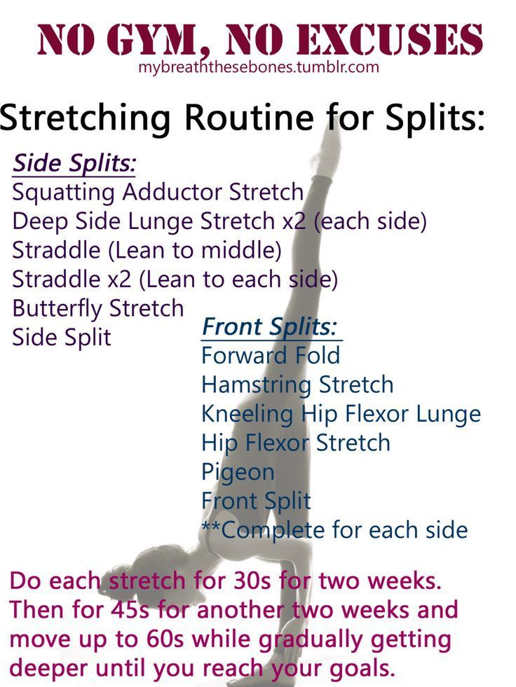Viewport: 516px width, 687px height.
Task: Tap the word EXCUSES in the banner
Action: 390,40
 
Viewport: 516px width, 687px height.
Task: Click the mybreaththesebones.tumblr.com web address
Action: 259,67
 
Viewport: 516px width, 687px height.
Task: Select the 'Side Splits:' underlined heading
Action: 74,163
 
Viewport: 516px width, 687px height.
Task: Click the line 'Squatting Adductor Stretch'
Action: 158,193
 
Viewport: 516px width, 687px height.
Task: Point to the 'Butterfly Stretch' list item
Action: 98,308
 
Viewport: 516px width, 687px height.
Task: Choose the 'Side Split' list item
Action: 62,338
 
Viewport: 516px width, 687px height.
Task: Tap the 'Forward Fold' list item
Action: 271,355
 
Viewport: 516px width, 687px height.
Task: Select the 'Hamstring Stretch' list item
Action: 297,384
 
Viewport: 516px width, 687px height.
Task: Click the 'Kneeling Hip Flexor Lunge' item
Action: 341,414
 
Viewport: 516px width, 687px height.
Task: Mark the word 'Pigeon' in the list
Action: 238,472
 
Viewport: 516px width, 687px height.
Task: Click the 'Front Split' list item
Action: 256,501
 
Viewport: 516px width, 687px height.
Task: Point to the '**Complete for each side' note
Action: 335,529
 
